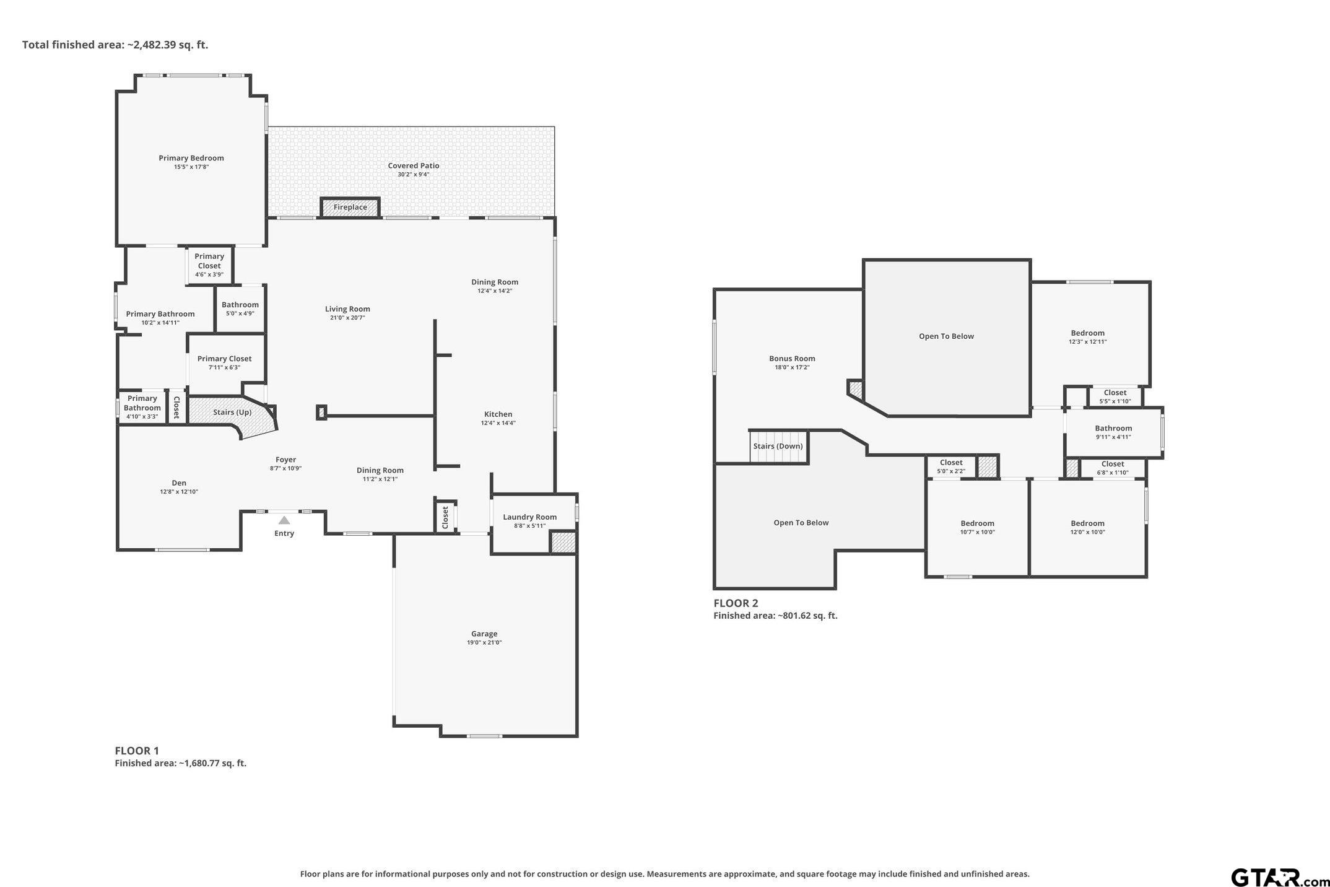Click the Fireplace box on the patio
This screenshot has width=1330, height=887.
click(x=350, y=207)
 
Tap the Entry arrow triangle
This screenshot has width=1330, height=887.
click(x=284, y=520)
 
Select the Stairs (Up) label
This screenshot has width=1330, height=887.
click(x=232, y=413)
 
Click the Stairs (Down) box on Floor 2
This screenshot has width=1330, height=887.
click(x=778, y=447)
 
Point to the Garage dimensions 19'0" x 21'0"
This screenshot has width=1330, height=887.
click(x=484, y=643)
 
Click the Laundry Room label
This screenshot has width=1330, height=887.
click(x=529, y=517)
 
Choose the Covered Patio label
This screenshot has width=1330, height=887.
click(x=414, y=165)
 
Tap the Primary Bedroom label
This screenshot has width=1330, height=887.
click(x=191, y=158)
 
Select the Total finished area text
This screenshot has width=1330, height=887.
click(x=115, y=45)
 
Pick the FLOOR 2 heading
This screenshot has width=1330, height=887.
click(x=736, y=603)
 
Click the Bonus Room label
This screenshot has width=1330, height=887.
click(x=792, y=359)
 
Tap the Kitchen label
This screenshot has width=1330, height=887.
click(x=498, y=414)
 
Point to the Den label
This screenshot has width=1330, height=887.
click(x=179, y=483)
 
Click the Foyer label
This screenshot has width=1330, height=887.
click(x=286, y=460)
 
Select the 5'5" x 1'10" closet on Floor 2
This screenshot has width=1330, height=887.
click(x=1115, y=396)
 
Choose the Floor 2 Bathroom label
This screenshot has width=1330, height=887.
click(x=1113, y=428)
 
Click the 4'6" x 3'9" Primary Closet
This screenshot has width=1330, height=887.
click(x=209, y=265)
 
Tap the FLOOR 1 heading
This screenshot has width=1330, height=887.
click(x=137, y=751)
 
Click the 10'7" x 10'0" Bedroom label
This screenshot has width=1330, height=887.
click(x=978, y=523)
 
